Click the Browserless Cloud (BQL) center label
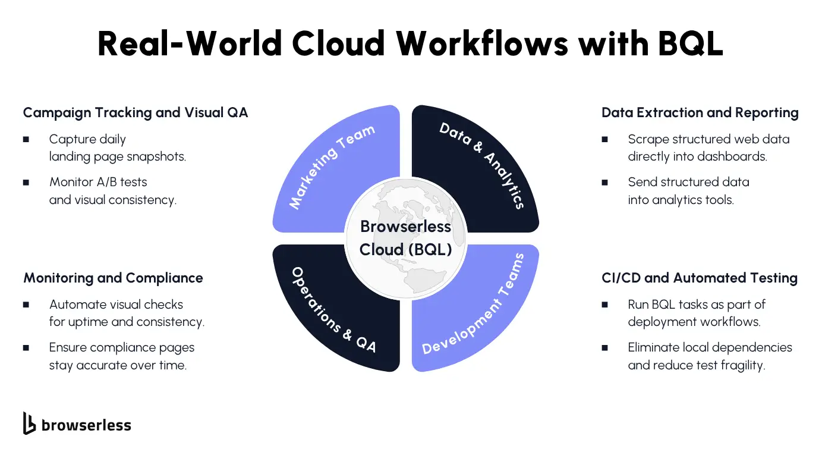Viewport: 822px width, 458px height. [x=406, y=238]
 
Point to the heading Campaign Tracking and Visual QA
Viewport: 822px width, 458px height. [x=135, y=112]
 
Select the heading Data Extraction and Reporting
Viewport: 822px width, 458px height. [x=700, y=112]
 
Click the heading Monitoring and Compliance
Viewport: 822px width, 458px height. [x=113, y=278]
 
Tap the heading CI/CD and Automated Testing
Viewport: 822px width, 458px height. [x=699, y=278]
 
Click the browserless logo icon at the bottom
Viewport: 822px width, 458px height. [x=29, y=424]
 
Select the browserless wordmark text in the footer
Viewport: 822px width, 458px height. [x=86, y=425]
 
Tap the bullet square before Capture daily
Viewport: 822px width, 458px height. [x=26, y=140]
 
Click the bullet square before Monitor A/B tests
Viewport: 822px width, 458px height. [x=26, y=183]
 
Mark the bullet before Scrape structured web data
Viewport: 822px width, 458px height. [x=604, y=140]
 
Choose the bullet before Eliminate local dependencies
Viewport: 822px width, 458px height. [x=604, y=347]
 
